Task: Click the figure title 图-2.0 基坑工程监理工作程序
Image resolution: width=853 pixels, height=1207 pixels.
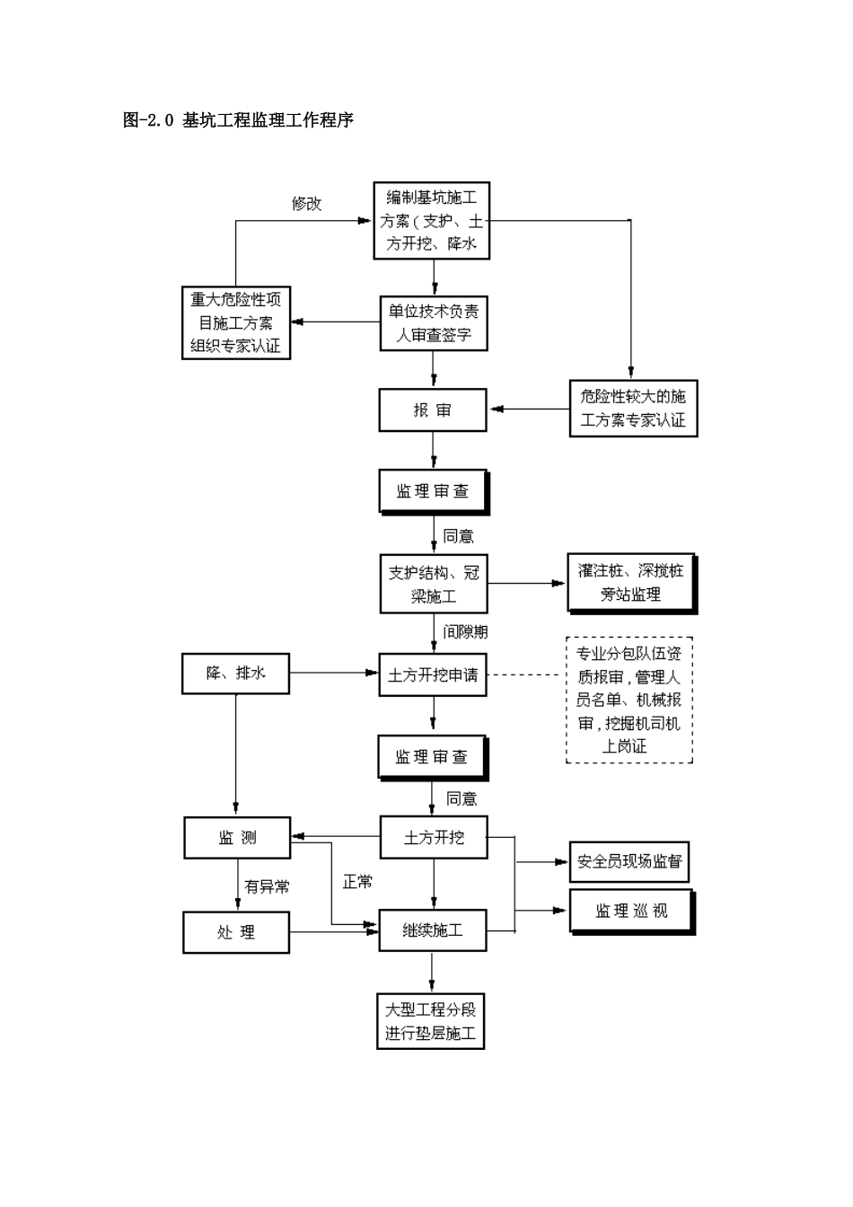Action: [x=238, y=119]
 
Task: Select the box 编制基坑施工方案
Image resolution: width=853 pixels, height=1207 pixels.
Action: [x=432, y=221]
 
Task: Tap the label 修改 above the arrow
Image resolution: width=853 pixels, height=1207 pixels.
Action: [x=306, y=204]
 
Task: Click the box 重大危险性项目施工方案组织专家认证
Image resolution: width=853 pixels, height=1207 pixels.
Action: [x=236, y=323]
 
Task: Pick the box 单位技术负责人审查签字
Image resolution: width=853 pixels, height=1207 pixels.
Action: [x=434, y=324]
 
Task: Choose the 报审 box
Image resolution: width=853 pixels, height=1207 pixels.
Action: [x=433, y=410]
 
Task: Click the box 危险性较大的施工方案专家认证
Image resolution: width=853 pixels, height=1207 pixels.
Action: [x=633, y=409]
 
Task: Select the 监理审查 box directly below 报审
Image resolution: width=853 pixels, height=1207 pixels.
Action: [x=433, y=491]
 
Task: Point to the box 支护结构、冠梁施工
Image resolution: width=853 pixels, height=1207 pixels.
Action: [x=434, y=584]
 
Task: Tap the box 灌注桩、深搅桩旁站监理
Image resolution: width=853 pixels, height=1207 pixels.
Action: [x=631, y=582]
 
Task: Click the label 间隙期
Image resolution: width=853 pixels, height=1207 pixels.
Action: [x=465, y=632]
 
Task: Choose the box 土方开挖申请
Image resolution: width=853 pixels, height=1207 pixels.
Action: [x=433, y=674]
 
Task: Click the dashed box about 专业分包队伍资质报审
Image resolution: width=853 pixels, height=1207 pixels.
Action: [x=629, y=700]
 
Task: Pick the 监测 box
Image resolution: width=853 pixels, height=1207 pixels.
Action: [x=238, y=838]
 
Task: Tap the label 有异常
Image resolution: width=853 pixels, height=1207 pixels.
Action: [x=267, y=887]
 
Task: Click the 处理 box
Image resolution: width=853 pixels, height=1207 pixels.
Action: [x=236, y=933]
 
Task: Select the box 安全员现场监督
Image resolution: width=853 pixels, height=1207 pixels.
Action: [x=629, y=861]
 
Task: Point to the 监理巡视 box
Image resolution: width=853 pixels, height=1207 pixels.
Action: [x=631, y=911]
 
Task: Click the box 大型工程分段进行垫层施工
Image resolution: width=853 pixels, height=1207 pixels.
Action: [x=431, y=1021]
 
